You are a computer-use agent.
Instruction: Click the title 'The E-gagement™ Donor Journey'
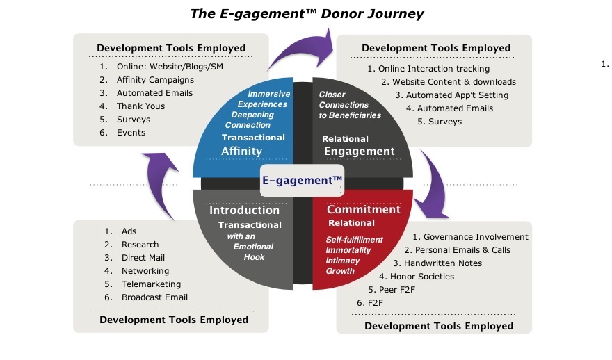tap(307, 13)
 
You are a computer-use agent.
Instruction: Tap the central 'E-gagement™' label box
tap(303, 180)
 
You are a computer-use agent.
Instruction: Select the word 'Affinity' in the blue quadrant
tap(241, 151)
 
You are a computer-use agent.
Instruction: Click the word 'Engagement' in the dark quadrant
tap(358, 151)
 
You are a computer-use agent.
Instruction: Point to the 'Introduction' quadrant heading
tap(245, 210)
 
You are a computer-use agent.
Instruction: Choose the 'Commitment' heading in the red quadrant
tap(364, 209)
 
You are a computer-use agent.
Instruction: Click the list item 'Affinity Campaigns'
tap(155, 80)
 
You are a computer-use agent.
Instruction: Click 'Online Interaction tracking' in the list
tap(434, 69)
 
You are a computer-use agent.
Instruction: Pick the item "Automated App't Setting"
tap(457, 95)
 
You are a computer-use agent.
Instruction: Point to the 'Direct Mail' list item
tap(143, 258)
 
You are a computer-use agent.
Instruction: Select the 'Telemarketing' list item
tap(151, 284)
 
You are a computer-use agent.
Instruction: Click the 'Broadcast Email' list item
tap(154, 297)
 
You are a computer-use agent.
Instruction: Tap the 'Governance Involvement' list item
tap(476, 237)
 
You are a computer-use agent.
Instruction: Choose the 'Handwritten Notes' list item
tap(442, 263)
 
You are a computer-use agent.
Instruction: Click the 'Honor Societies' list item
tap(426, 277)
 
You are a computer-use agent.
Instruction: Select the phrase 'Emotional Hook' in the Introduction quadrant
tap(250, 252)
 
